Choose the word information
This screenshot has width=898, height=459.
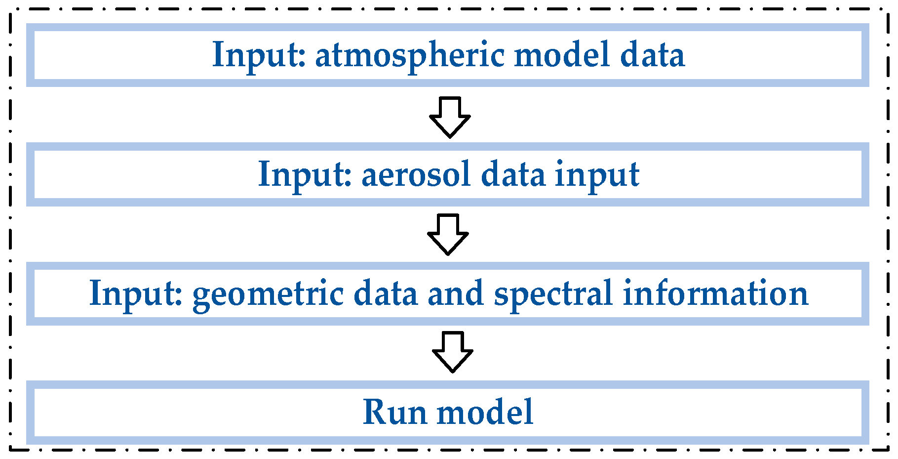(715, 293)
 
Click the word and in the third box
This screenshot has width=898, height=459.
(455, 293)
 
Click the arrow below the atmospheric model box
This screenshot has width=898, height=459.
(450, 118)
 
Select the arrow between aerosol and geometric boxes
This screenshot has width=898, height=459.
(448, 235)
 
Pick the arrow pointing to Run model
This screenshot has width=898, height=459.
(452, 352)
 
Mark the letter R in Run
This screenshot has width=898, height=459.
(375, 412)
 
